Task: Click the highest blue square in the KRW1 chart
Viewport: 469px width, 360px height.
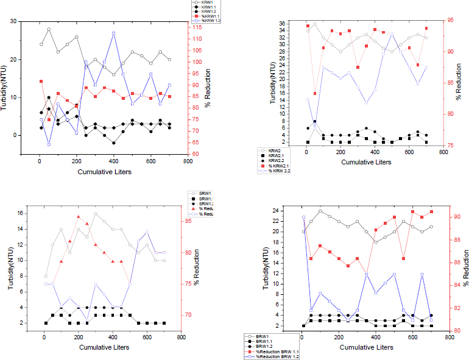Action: point(114,33)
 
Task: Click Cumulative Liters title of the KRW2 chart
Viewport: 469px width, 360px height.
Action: point(365,163)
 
